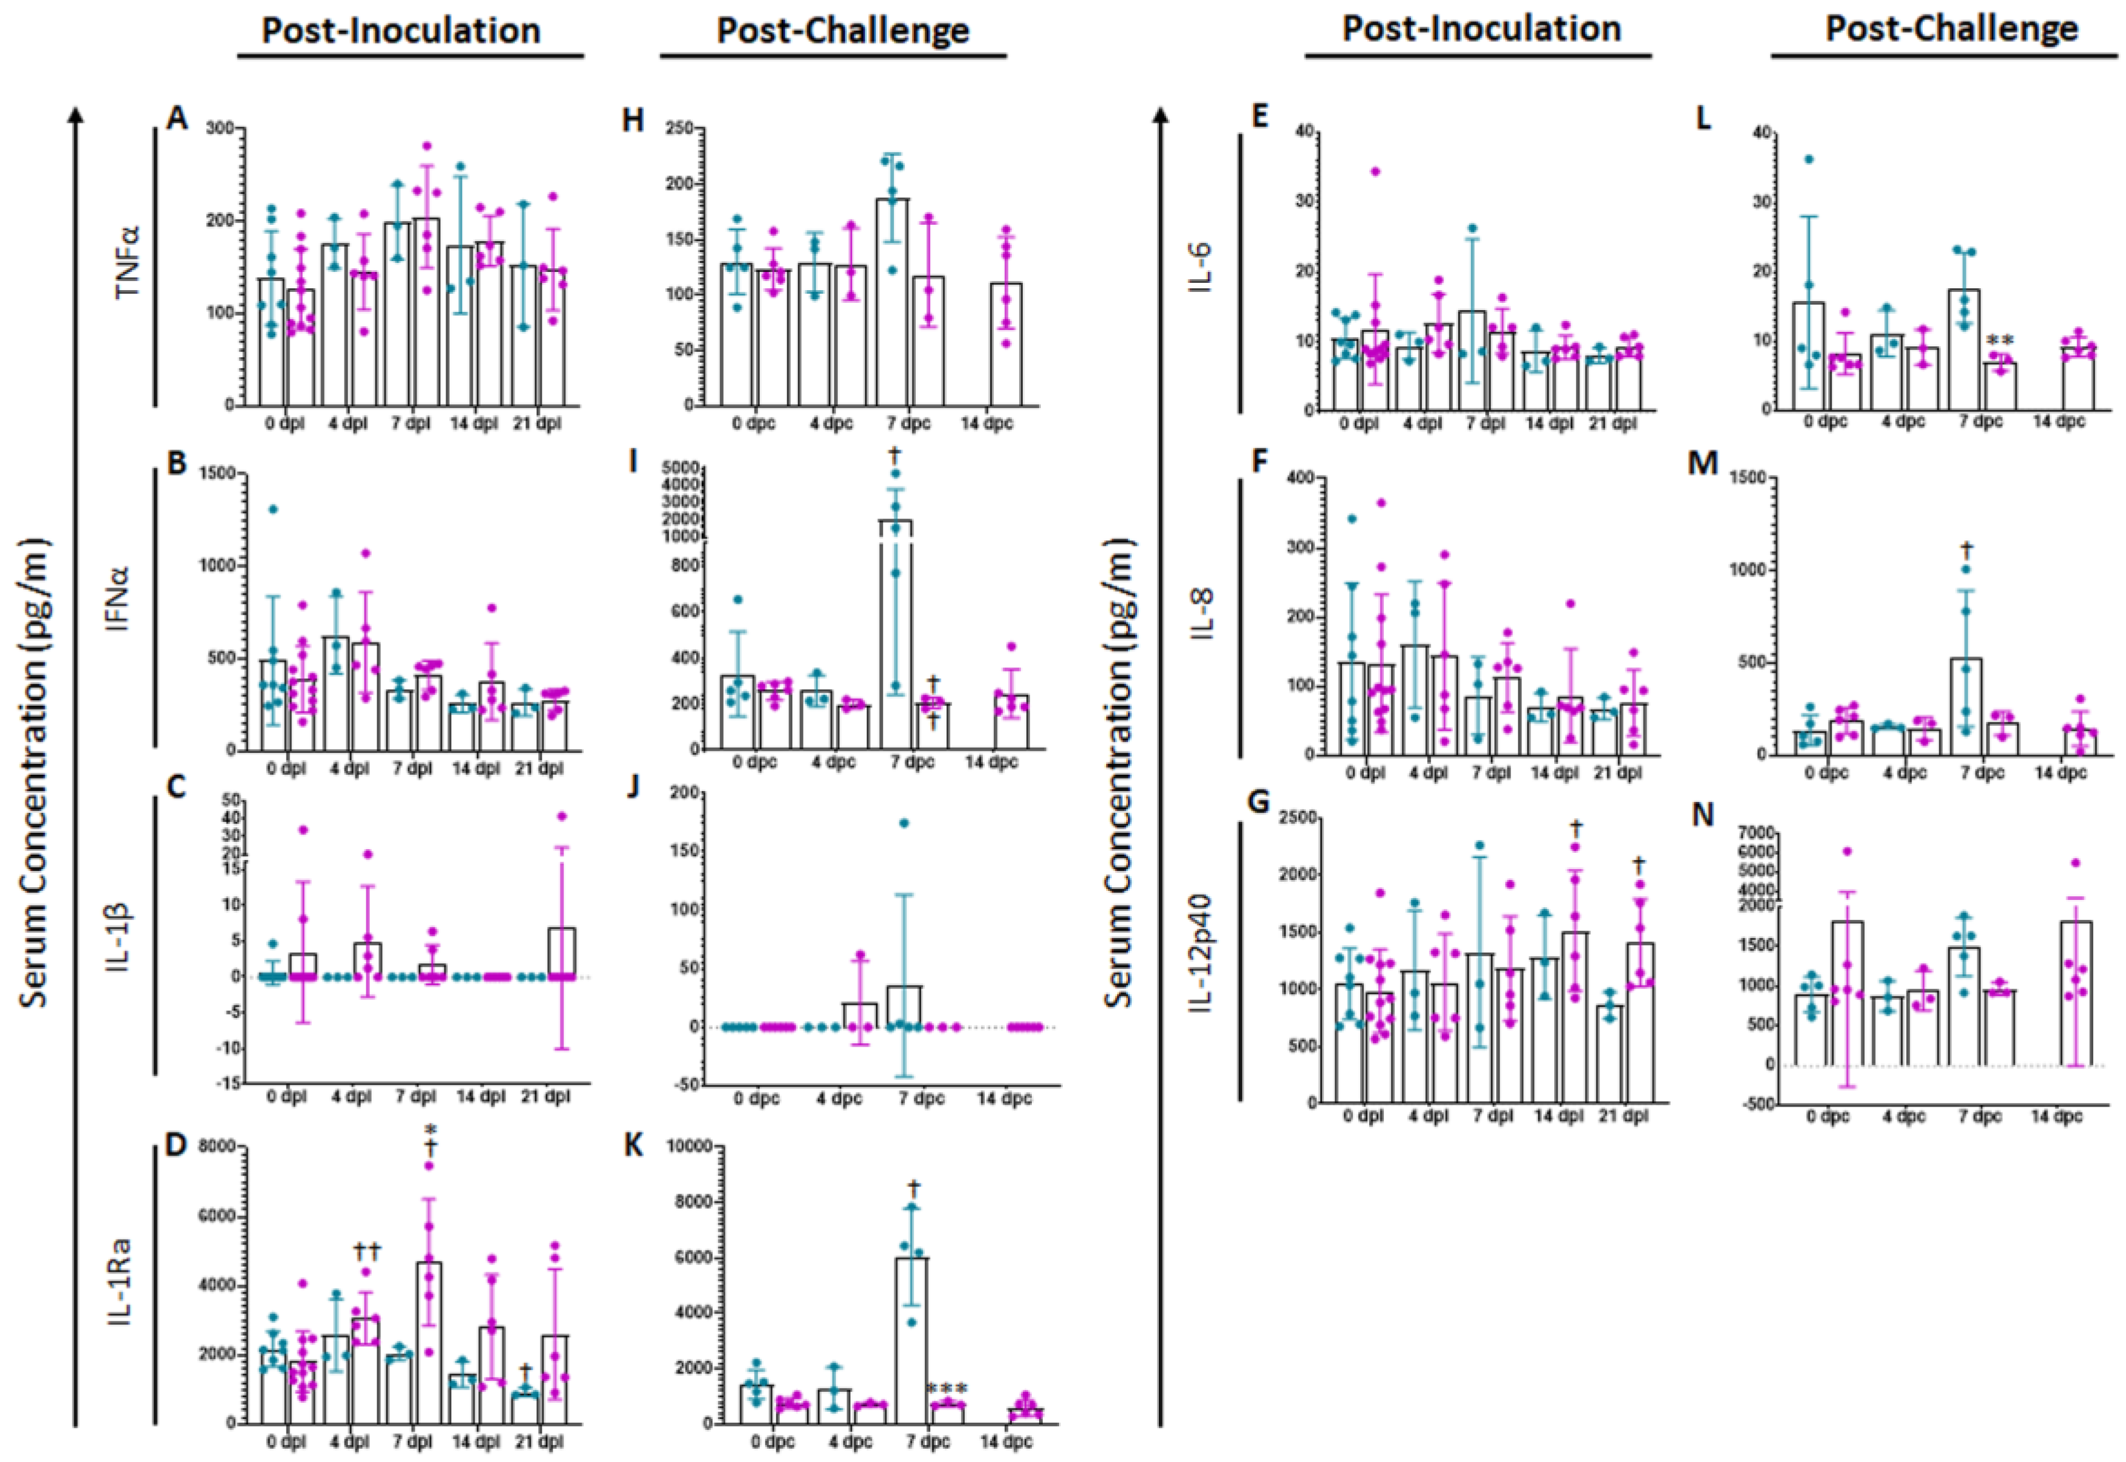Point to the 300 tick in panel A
[x=220, y=128]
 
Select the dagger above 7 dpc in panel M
[x=1983, y=549]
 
